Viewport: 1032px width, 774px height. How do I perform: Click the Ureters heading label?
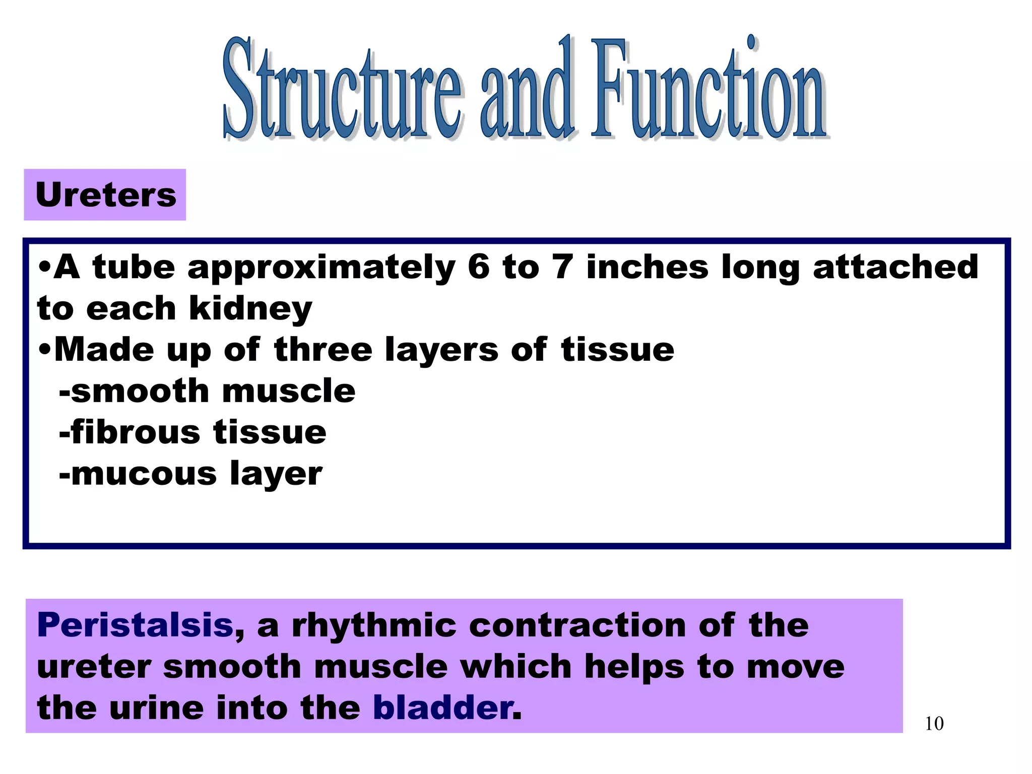click(x=105, y=195)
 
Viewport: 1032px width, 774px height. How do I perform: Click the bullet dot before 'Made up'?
click(x=44, y=349)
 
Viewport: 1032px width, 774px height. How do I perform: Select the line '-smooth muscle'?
click(x=207, y=391)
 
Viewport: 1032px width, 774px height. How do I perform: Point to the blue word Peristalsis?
click(x=135, y=625)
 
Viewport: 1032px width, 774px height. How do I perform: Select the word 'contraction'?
click(x=577, y=625)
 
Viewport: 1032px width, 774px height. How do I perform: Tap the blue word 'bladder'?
click(x=442, y=708)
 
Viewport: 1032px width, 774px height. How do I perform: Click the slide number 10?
click(x=934, y=724)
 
